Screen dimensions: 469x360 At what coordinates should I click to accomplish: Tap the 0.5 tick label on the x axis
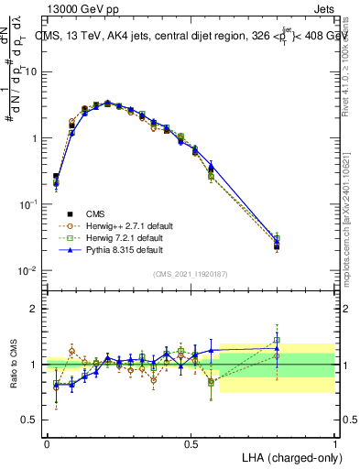tap(191, 442)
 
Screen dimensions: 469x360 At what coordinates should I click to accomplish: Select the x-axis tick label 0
tap(47, 442)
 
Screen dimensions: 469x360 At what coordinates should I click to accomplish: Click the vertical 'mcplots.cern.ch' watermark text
tap(352, 234)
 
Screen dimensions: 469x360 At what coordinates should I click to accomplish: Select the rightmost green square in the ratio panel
tap(278, 340)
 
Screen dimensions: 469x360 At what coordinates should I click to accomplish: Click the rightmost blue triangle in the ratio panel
tap(278, 346)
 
